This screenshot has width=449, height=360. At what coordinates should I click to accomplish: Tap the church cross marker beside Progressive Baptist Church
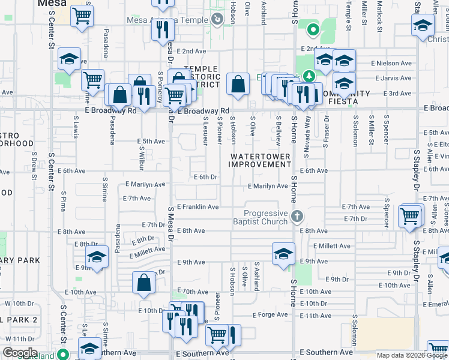coord(295,216)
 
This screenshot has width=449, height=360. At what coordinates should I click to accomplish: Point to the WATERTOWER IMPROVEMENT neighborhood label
coord(260,160)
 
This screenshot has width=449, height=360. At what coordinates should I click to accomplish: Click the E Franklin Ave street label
coord(197,207)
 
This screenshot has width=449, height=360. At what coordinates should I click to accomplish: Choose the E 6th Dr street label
coord(205,177)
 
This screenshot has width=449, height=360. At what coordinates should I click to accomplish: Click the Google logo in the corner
coord(19,353)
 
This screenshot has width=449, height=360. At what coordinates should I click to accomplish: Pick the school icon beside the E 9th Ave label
coord(283,253)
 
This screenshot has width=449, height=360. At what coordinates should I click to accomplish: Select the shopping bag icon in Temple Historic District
coord(238,85)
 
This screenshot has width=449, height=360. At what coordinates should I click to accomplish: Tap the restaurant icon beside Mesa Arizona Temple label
coord(162,28)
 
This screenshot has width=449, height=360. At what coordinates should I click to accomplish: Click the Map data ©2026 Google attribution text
coord(412,355)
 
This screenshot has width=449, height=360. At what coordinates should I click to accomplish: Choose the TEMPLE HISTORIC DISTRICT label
coord(201,77)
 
